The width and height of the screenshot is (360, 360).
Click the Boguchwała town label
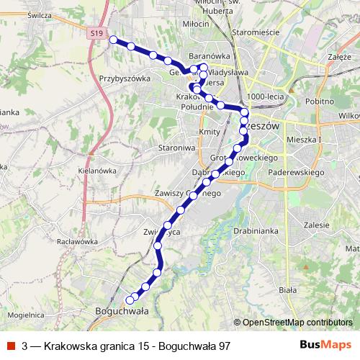click(x=121, y=311)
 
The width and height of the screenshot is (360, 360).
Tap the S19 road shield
click(x=99, y=33)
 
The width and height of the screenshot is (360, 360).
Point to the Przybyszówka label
click(x=124, y=79)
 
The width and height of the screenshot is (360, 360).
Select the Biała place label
click(x=287, y=289)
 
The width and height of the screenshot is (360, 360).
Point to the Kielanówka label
click(x=96, y=171)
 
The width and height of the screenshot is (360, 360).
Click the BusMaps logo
click(x=325, y=346)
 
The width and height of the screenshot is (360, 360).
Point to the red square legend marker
click(x=10, y=346)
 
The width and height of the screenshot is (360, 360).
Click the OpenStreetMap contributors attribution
click(x=297, y=323)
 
